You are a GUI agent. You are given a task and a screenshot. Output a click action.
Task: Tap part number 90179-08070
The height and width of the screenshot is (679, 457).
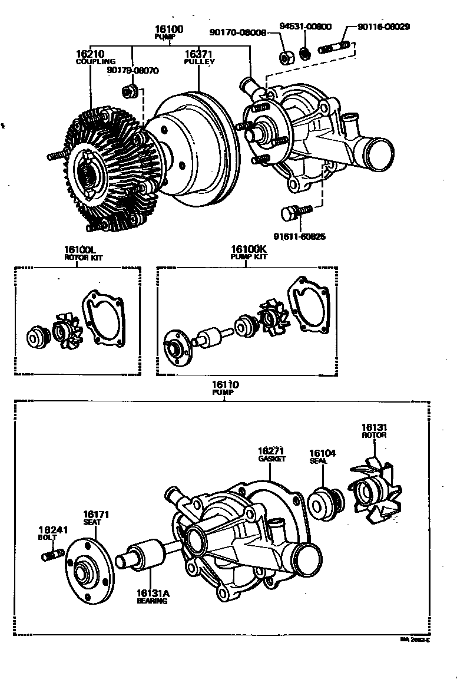pyautogui.click(x=133, y=70)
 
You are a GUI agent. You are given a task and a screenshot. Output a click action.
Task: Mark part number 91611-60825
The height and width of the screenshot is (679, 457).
pyautogui.click(x=301, y=237)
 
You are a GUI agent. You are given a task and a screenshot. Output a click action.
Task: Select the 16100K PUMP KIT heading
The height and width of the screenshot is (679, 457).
pyautogui.click(x=249, y=252)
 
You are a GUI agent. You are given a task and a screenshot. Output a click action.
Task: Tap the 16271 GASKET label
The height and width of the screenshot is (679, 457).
pyautogui.click(x=271, y=453)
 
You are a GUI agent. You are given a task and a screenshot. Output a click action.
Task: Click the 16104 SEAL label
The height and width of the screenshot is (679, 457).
pyautogui.click(x=323, y=457)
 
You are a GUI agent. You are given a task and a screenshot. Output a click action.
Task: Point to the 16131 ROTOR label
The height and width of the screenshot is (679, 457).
pyautogui.click(x=374, y=431)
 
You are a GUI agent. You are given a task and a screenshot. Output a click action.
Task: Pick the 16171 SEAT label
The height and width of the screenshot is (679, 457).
pyautogui.click(x=95, y=518)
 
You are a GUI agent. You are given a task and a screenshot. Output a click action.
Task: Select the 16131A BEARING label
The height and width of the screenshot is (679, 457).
pyautogui.click(x=152, y=597)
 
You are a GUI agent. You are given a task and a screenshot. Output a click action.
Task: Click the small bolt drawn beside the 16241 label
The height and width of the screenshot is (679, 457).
pyautogui.click(x=52, y=554)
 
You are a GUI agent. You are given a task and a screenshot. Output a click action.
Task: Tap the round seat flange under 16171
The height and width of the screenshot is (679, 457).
pyautogui.click(x=87, y=571)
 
